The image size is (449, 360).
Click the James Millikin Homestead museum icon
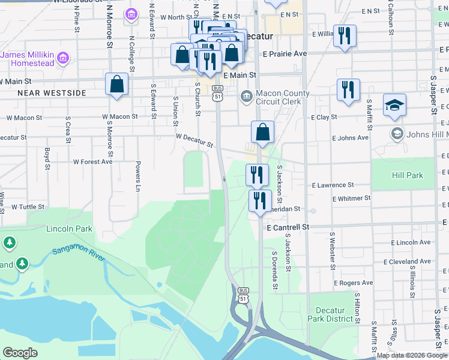[x=63, y=58]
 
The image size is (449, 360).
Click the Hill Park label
[x=408, y=175]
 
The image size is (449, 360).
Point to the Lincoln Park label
[x=70, y=229]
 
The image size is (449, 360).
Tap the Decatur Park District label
[x=331, y=314]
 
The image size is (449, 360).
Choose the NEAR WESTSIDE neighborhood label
[x=52, y=93]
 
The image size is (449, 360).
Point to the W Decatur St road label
[x=194, y=140]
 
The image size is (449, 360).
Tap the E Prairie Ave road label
[x=285, y=53]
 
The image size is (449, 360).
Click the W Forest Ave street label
[x=92, y=161]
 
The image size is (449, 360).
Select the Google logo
[x=20, y=353]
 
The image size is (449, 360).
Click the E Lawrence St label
[x=333, y=185]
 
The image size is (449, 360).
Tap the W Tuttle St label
[x=28, y=206]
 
